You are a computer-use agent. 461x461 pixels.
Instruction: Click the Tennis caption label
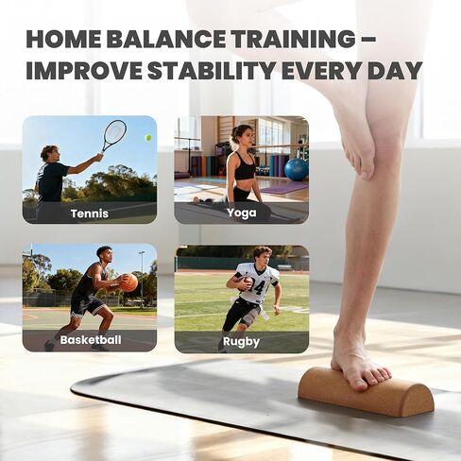click(x=90, y=213)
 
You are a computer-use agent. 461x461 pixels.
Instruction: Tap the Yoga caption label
click(x=241, y=213)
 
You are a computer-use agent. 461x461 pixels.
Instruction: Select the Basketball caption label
click(x=90, y=340)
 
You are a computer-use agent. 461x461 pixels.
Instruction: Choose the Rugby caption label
click(x=241, y=341)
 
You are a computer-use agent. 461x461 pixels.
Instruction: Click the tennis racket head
click(x=113, y=132)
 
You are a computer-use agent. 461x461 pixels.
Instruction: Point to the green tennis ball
click(x=146, y=138)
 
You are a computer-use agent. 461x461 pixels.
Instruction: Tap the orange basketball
click(x=128, y=282)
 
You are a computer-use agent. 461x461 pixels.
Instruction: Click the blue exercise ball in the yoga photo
click(x=296, y=169)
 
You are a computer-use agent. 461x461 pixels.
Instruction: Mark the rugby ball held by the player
click(x=245, y=282)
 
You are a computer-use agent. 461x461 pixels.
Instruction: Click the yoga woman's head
click(x=240, y=135)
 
